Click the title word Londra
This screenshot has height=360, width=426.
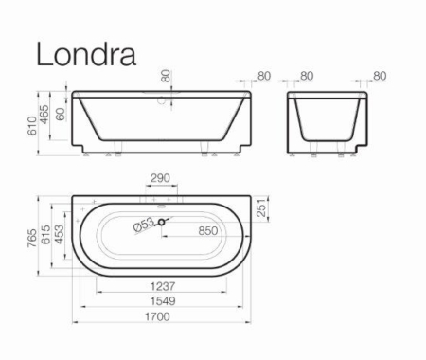coord(86,54)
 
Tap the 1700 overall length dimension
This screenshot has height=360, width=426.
coord(157,316)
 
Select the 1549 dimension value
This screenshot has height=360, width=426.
coord(163,301)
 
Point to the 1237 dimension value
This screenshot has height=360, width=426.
coord(163,286)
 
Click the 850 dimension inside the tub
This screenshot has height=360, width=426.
coord(208,231)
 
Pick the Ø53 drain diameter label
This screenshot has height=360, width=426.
coord(144,225)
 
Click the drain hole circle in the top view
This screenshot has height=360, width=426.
coord(161,223)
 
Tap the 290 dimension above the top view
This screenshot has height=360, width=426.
coord(160,178)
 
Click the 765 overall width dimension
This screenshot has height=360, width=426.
coord(32,239)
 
